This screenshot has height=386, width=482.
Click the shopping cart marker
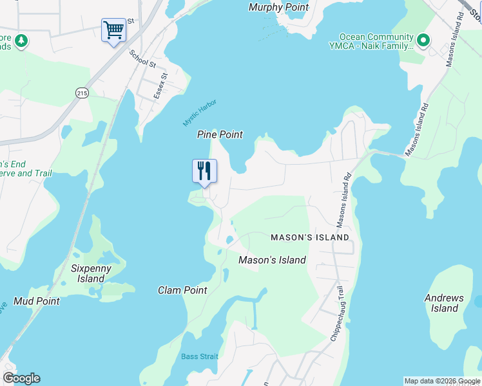[113, 30]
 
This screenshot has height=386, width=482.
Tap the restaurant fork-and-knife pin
[204, 171]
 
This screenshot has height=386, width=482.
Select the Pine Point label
[220, 134]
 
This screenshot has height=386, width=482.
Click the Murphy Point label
[278, 8]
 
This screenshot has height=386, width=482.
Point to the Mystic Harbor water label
[200, 113]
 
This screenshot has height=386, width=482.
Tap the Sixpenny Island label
[91, 273]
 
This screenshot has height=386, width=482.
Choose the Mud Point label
[37, 301]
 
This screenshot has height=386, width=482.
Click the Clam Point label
[182, 290]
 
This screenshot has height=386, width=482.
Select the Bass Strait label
[200, 356]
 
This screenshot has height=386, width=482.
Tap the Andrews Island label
[445, 303]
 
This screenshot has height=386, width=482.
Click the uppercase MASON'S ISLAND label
[310, 237]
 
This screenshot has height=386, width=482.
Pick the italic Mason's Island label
[272, 260]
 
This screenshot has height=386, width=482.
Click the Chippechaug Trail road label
[338, 314]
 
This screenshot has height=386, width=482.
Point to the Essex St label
[160, 86]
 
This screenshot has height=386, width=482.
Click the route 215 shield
[82, 93]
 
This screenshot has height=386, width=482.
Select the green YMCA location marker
[423, 42]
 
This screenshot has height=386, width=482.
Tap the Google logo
[21, 378]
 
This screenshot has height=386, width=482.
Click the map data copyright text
[442, 381]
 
